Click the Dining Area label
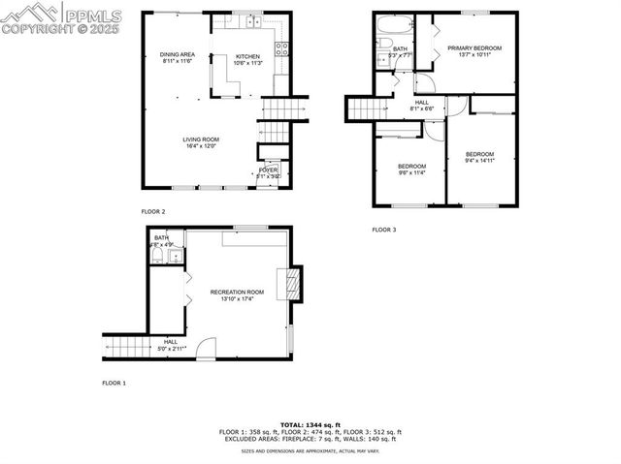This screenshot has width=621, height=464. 179,54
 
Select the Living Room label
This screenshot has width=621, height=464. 199,139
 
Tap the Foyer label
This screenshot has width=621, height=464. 268,170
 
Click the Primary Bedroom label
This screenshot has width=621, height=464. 474,47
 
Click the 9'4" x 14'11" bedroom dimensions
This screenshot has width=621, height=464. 479,161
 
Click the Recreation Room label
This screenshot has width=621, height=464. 237,292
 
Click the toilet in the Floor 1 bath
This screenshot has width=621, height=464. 158,256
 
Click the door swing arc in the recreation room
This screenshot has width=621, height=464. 205,349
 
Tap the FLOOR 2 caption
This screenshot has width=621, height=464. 153,211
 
